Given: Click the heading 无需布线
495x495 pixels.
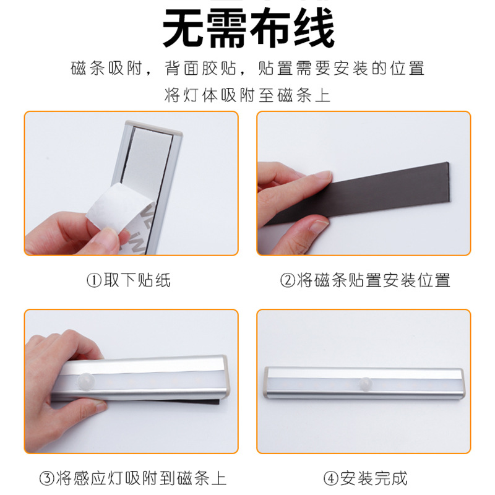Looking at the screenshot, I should [x=247, y=28].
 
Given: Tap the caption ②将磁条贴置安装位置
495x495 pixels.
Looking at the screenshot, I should [x=365, y=280].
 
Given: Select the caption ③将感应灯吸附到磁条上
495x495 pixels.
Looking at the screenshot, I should [x=132, y=478].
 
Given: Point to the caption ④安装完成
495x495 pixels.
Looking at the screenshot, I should [x=365, y=478].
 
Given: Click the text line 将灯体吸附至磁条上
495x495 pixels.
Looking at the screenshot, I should [x=247, y=96].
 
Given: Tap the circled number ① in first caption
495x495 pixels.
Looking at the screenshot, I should [x=92, y=280].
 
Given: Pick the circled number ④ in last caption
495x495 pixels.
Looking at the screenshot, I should [x=330, y=478].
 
